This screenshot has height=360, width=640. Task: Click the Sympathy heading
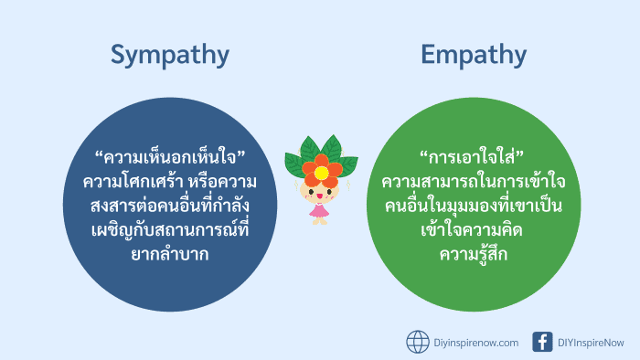[x=170, y=55]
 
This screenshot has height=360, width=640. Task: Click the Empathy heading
[x=473, y=55]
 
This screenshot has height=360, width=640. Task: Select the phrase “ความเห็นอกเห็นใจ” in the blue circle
[x=171, y=157]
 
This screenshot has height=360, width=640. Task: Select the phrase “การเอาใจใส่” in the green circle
[x=473, y=157]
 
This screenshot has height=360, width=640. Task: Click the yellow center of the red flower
[x=321, y=170]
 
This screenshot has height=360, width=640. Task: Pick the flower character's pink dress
[x=319, y=212]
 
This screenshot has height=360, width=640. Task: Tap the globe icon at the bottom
[x=418, y=342]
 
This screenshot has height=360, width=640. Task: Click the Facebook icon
[x=543, y=342]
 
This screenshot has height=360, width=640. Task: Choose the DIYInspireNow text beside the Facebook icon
[x=592, y=343]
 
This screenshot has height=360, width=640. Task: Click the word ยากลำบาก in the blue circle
[x=170, y=253]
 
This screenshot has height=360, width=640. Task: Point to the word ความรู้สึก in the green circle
[x=473, y=253]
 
